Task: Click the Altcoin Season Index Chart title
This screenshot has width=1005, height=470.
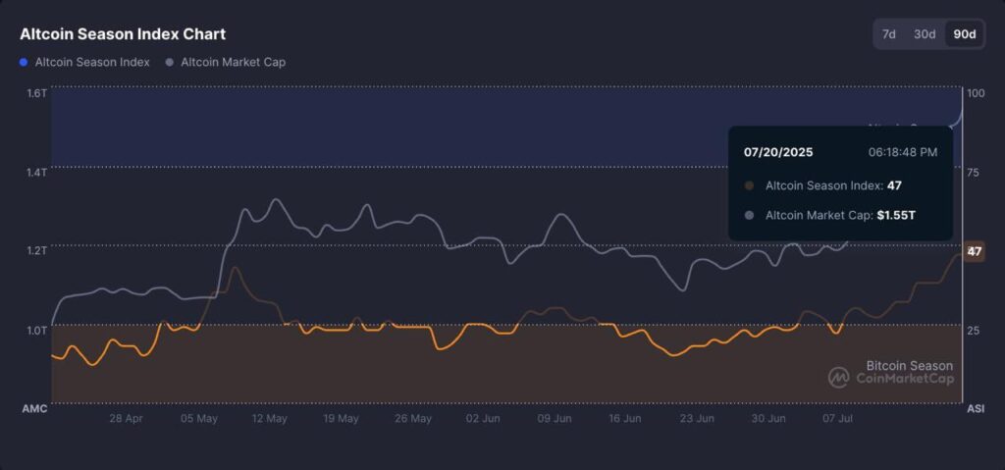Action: click(x=123, y=34)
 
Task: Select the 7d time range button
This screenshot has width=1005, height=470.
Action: click(x=888, y=34)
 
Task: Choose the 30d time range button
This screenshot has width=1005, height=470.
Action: click(x=925, y=34)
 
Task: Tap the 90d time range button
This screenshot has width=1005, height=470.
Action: click(x=964, y=34)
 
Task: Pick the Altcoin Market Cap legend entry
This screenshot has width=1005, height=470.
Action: click(x=226, y=62)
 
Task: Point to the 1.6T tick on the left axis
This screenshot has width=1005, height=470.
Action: click(x=36, y=93)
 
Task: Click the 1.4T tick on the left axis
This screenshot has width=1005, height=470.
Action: click(x=36, y=172)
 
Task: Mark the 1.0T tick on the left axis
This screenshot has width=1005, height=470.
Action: click(x=36, y=330)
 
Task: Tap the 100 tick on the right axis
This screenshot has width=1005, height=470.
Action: click(x=976, y=93)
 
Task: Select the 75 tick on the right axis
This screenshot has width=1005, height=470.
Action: click(x=974, y=172)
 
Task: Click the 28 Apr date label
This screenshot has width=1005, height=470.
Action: click(x=127, y=418)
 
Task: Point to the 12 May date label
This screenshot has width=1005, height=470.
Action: click(x=269, y=418)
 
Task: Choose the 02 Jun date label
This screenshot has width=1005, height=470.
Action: click(x=484, y=418)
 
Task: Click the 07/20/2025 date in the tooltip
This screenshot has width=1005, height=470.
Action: click(x=778, y=152)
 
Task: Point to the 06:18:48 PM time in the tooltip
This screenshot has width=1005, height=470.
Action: click(x=903, y=152)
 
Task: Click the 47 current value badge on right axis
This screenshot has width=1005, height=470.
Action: click(x=975, y=251)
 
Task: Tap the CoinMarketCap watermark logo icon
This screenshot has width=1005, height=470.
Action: click(x=838, y=378)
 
